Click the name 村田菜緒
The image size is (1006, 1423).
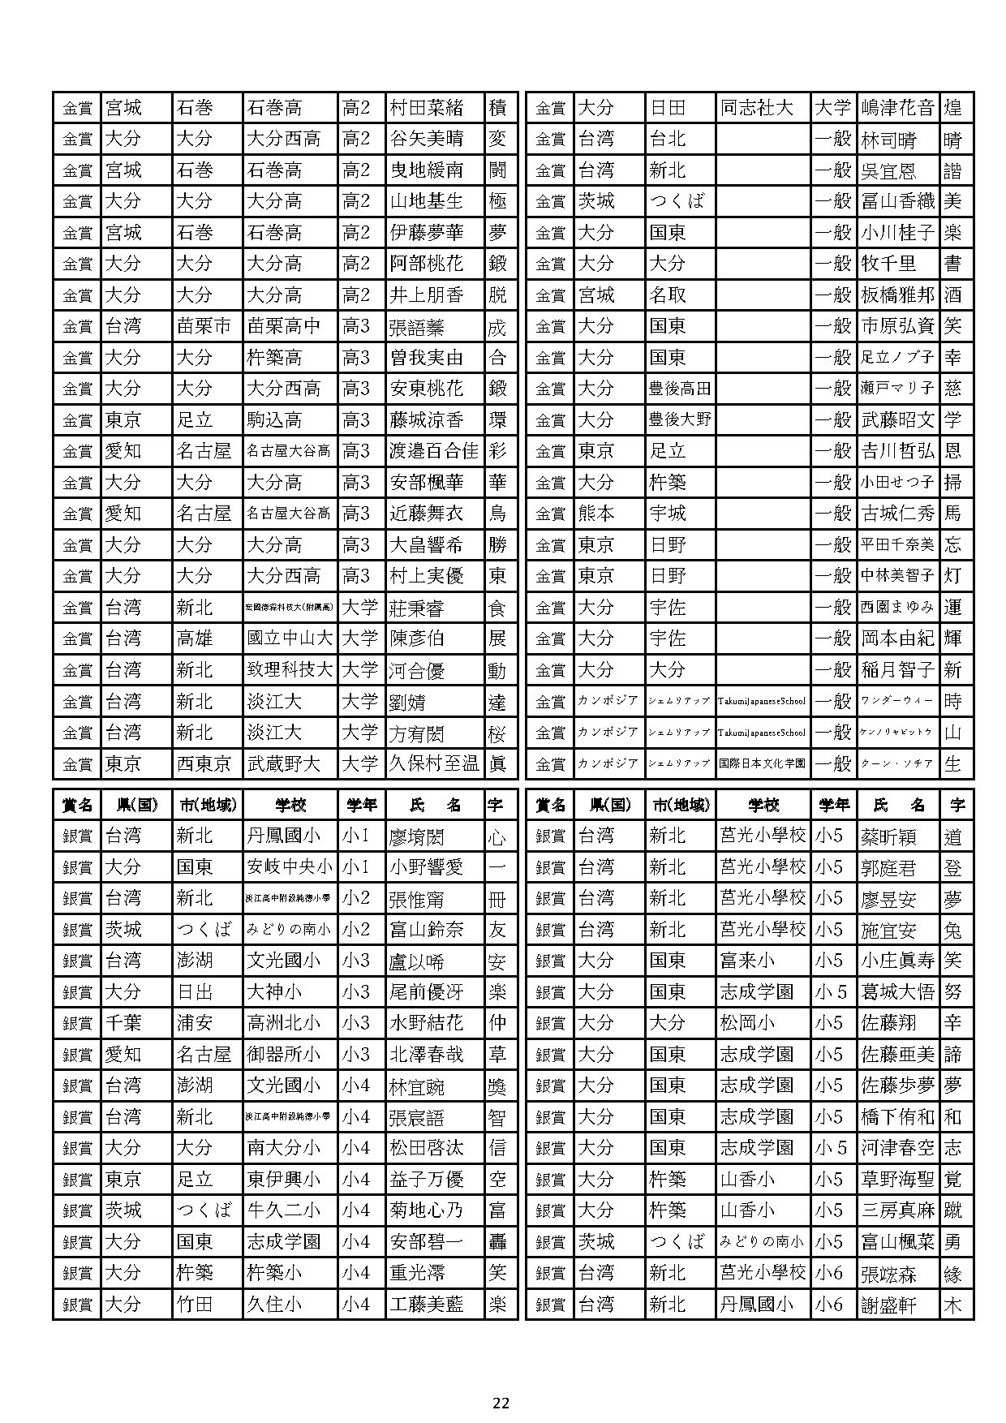pyautogui.click(x=427, y=108)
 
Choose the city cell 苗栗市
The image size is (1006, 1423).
pyautogui.click(x=204, y=327)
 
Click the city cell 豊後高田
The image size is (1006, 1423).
pyautogui.click(x=680, y=389)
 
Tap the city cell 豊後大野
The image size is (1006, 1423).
pyautogui.click(x=680, y=420)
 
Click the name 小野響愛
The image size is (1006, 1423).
pyautogui.click(x=427, y=867)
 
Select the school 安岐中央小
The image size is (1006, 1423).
pyautogui.click(x=290, y=867)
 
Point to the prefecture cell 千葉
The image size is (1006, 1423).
pyautogui.click(x=123, y=1023)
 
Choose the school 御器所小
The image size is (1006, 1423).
pyautogui.click(x=284, y=1055)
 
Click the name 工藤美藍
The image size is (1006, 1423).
pyautogui.click(x=427, y=1305)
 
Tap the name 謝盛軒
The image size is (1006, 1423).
pyautogui.click(x=888, y=1305)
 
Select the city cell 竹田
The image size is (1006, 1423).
pyautogui.click(x=195, y=1305)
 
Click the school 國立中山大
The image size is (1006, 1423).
pyautogui.click(x=290, y=639)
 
